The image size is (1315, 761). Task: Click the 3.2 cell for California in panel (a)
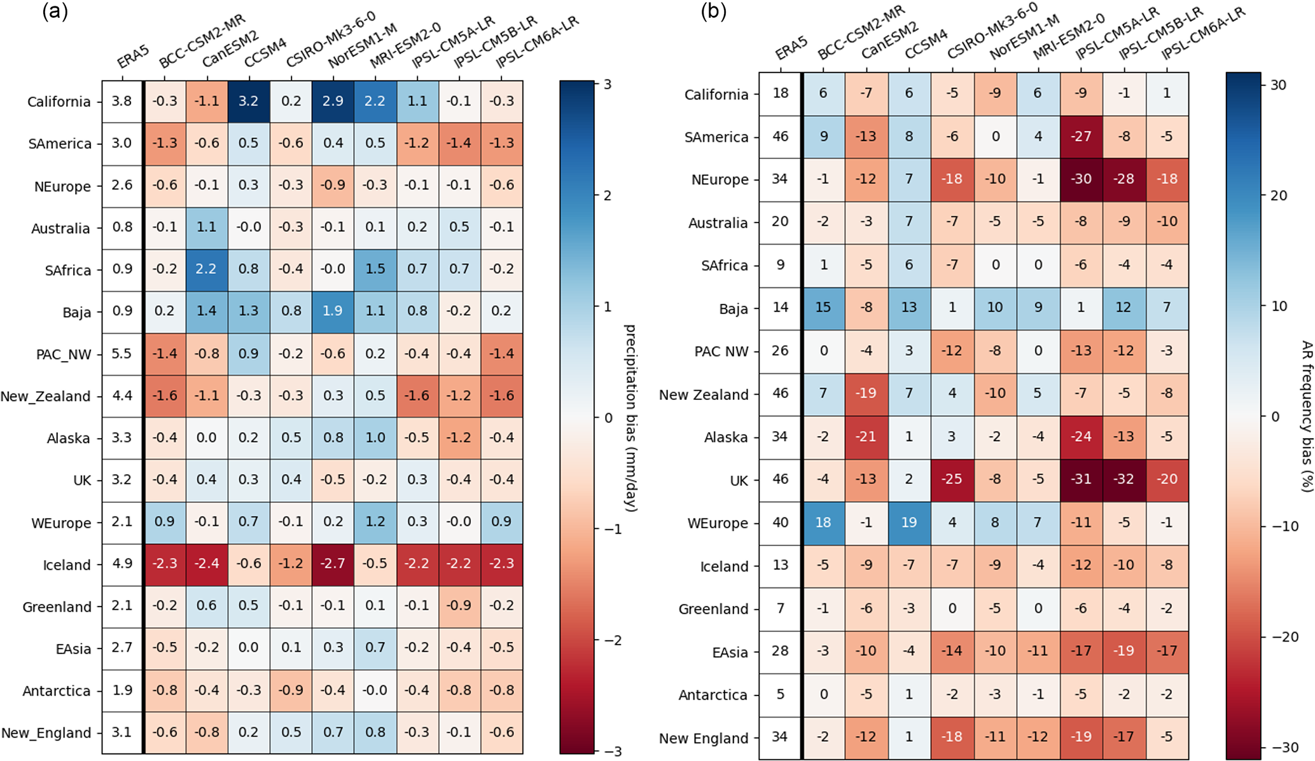point(248,101)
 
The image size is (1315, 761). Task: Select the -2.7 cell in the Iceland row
point(333,564)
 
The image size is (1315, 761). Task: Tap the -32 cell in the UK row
point(1124,479)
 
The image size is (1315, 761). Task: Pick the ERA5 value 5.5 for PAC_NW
point(122,353)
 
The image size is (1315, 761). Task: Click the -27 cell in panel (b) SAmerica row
point(1081,137)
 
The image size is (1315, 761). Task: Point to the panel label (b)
point(713,12)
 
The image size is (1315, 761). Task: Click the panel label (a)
point(55,12)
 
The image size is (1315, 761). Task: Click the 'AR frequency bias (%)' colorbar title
point(1306,416)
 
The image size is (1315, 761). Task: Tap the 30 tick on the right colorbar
point(1279,85)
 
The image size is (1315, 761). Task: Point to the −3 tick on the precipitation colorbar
point(608,752)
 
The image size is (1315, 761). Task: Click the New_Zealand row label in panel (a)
point(46,397)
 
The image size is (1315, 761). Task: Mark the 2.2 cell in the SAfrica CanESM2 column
point(206,269)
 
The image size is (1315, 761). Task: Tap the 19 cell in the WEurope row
point(909,523)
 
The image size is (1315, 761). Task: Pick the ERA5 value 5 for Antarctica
point(780,694)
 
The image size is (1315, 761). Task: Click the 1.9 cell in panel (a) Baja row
point(333,311)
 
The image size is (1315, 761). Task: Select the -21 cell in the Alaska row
point(866,437)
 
